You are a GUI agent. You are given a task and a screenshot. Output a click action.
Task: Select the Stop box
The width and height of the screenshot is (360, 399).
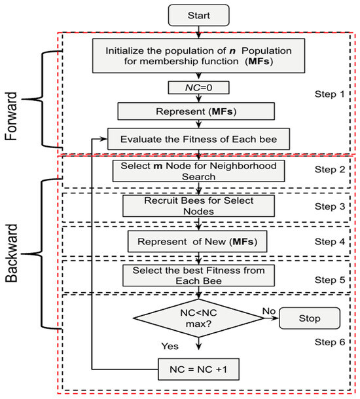click(311, 318)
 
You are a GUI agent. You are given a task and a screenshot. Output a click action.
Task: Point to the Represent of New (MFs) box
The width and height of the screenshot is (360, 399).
click(197, 242)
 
